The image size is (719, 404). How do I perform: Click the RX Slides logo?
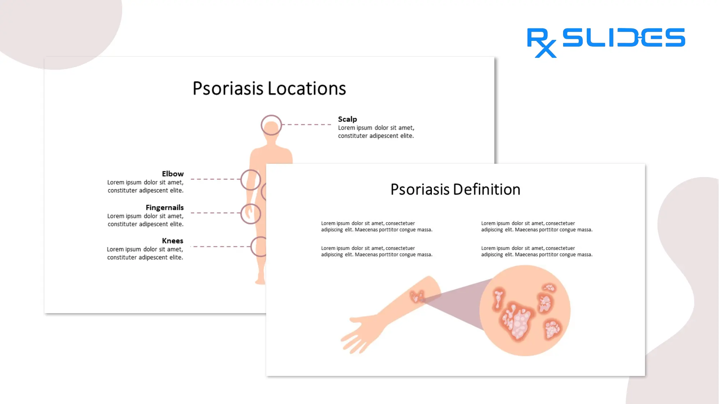pyautogui.click(x=606, y=41)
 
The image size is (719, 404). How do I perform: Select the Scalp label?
pyautogui.click(x=347, y=119)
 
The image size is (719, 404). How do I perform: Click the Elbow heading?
pyautogui.click(x=172, y=174)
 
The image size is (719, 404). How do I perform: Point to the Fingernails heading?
pyautogui.click(x=165, y=208)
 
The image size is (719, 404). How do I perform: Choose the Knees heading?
pyautogui.click(x=172, y=241)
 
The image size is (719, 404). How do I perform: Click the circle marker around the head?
pyautogui.click(x=271, y=125)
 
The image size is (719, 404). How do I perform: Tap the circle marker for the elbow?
pyautogui.click(x=251, y=180)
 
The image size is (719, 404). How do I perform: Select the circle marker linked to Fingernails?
pyautogui.click(x=251, y=214)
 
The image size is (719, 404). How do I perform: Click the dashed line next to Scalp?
pyautogui.click(x=307, y=125)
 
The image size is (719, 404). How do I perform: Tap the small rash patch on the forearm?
pyautogui.click(x=417, y=297)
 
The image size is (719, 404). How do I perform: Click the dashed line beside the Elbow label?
pyautogui.click(x=215, y=179)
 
